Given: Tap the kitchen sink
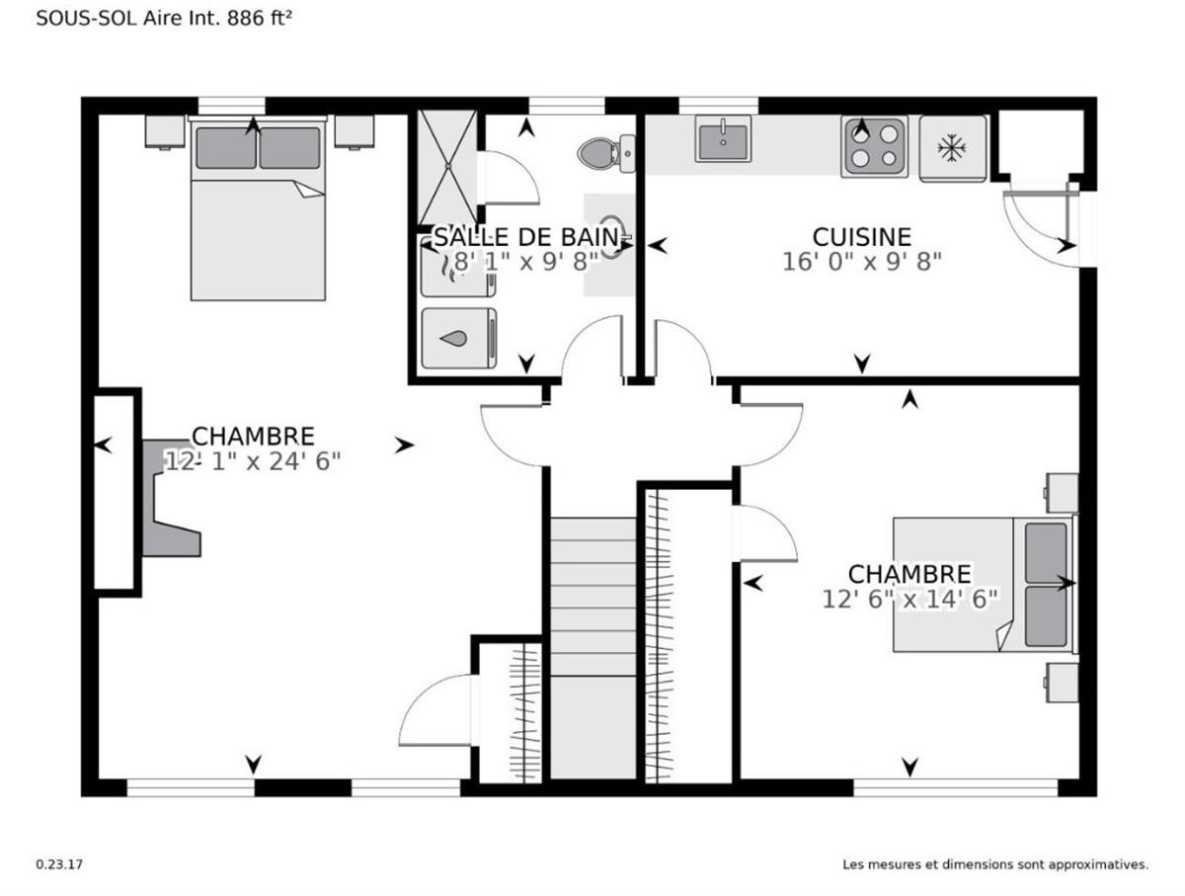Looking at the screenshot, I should (x=723, y=138).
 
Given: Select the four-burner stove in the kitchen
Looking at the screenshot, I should (x=874, y=145).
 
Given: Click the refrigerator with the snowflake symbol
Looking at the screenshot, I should (x=952, y=148).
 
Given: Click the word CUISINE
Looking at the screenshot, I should (x=861, y=237).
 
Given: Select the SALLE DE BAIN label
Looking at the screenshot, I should (x=526, y=237).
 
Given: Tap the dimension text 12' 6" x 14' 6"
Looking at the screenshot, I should (x=909, y=598).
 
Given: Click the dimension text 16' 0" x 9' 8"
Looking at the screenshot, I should (x=861, y=262).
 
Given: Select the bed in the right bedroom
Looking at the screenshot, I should (x=983, y=584).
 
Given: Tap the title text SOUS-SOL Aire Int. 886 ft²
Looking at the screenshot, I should (x=166, y=18).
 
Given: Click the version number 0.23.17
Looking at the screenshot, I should (x=60, y=864).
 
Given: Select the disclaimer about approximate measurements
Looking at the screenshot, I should (x=994, y=864).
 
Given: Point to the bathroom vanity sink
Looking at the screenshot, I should (x=610, y=242).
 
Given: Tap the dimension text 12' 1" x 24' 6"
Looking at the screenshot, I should (x=253, y=460).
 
